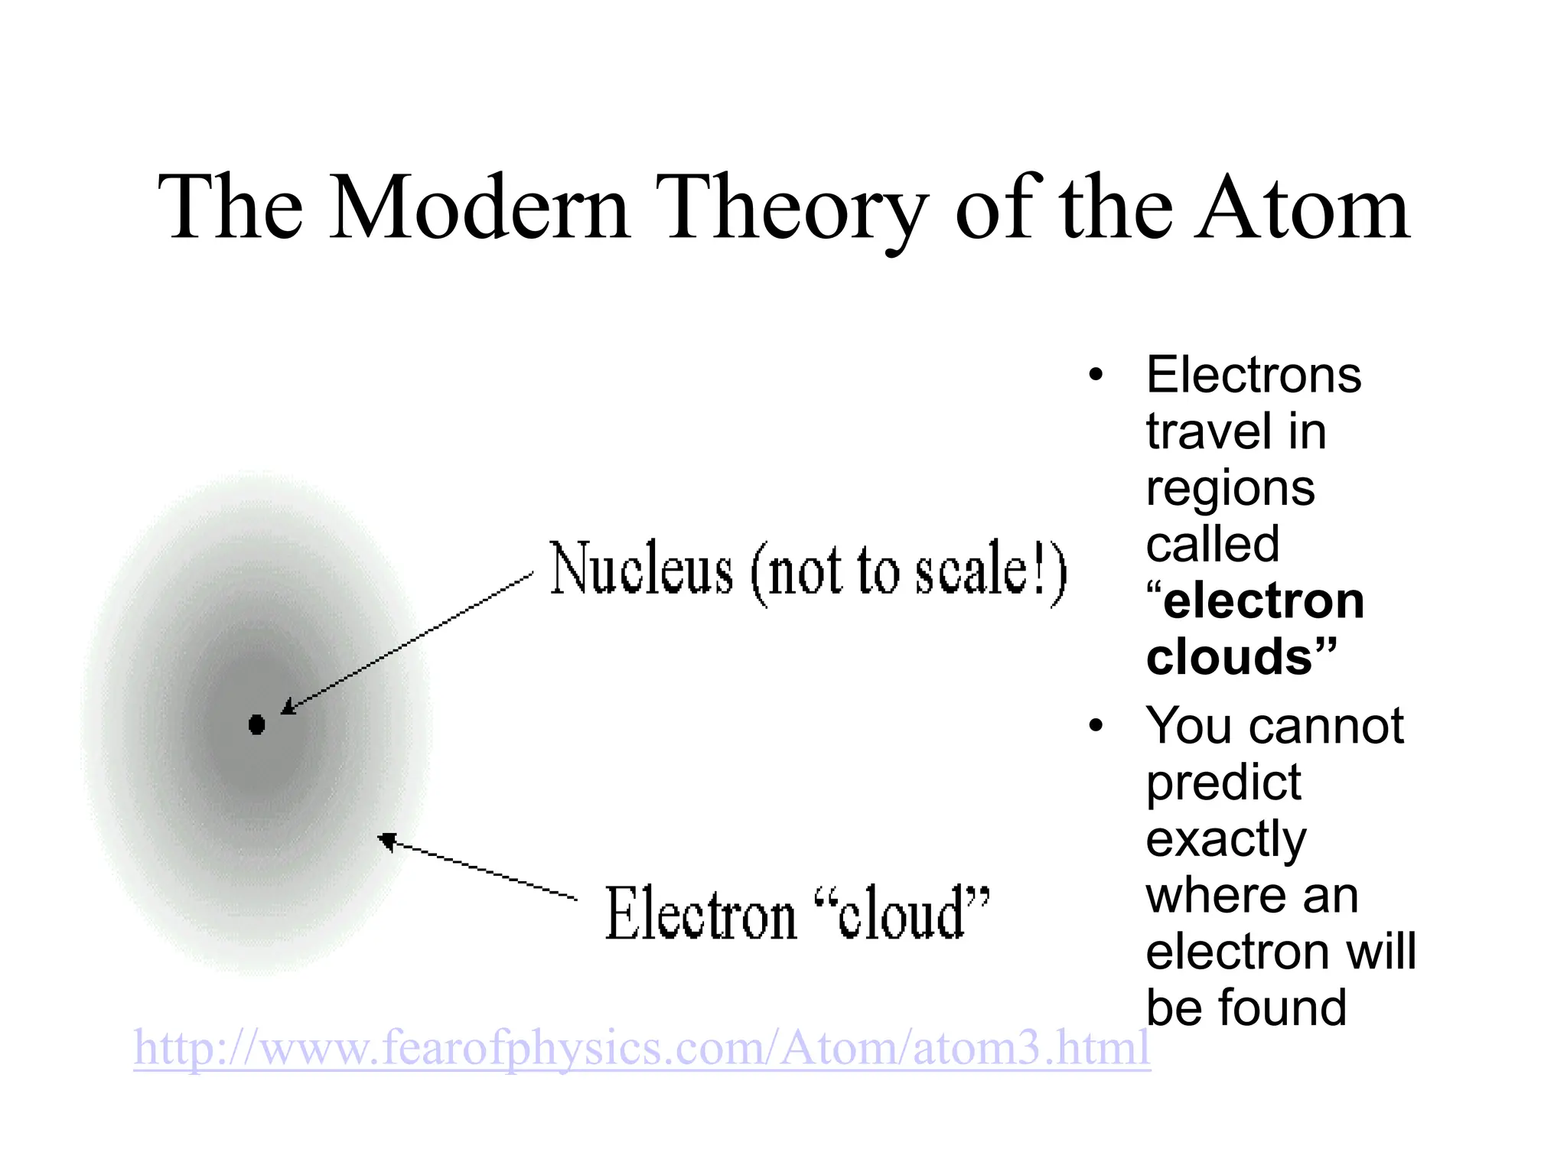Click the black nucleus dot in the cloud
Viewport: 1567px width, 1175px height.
pos(257,724)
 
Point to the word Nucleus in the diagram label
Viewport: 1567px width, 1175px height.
pos(641,569)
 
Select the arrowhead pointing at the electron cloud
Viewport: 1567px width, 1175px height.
pos(387,841)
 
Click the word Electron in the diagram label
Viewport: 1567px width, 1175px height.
pos(700,914)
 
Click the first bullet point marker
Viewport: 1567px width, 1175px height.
pos(1096,375)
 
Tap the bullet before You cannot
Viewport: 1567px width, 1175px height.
pos(1096,725)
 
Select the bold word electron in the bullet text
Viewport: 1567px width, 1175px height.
pos(1263,601)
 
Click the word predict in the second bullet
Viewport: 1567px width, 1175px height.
pos(1223,782)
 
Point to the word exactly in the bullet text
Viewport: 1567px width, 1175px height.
pos(1226,838)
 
